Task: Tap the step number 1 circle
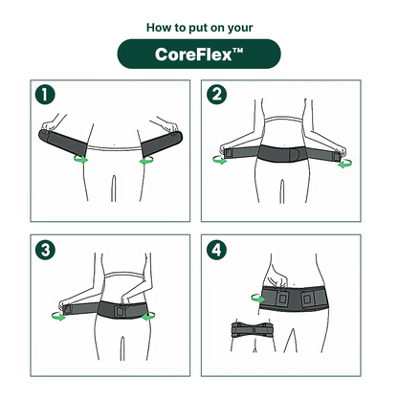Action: [x=44, y=96]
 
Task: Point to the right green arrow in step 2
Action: [x=345, y=162]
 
